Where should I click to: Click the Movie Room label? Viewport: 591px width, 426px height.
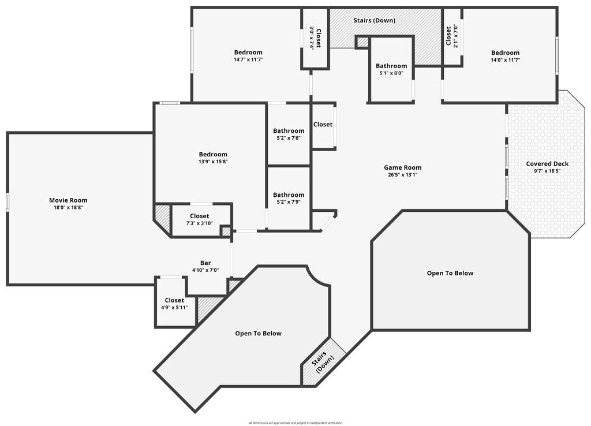68,200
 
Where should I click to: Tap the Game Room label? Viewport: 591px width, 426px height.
403,167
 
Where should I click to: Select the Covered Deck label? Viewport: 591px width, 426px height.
547,164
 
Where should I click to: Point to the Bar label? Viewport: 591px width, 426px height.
205,263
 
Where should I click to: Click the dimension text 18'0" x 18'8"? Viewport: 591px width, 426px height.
68,207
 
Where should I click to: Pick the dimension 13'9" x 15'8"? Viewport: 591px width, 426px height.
213,162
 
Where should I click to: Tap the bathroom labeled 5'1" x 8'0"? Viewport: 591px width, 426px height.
391,66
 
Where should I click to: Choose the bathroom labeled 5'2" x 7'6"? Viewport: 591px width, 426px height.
289,131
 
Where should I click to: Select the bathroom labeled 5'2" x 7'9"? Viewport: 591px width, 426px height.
289,195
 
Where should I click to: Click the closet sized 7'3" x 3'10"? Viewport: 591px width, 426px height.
200,216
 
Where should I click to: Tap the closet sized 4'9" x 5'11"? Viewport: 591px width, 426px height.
174,300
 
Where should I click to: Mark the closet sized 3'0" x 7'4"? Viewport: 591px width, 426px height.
315,38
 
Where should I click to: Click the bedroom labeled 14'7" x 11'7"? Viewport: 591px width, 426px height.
248,53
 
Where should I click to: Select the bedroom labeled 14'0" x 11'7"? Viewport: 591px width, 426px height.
505,53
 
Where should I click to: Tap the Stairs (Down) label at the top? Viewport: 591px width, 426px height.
375,20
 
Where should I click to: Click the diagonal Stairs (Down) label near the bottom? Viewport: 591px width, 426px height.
323,362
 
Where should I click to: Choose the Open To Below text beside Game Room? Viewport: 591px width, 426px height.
450,273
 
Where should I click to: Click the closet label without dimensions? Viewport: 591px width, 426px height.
323,124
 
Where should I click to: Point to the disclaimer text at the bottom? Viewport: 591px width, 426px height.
295,423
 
